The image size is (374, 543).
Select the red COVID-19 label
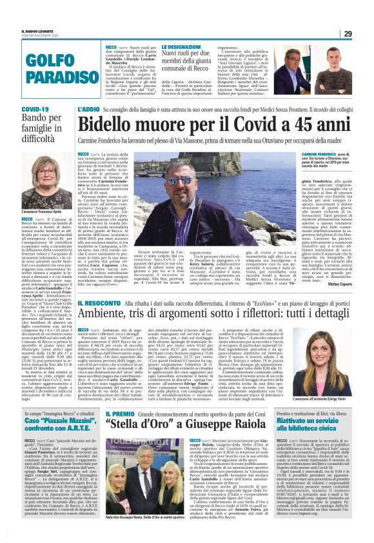click(x=35, y=110)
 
